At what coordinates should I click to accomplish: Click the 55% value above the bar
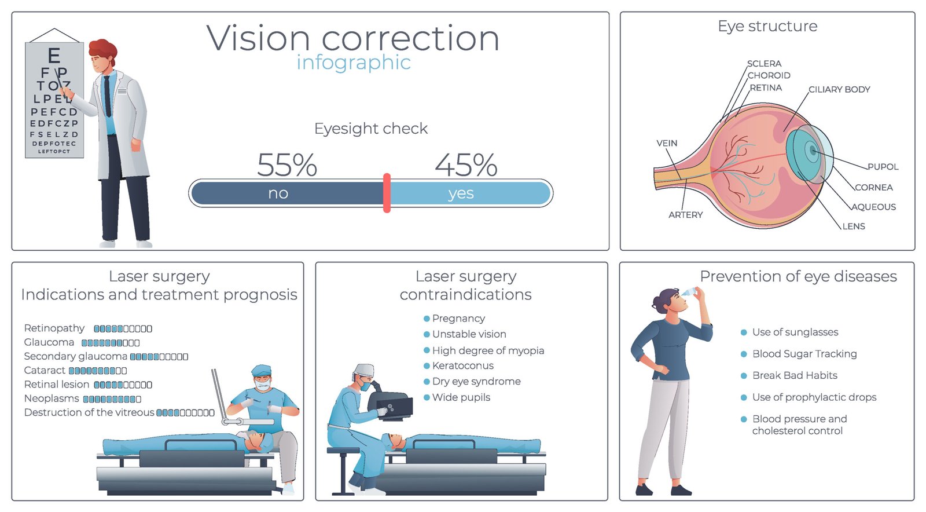[287, 165]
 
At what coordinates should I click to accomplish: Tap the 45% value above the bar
[466, 165]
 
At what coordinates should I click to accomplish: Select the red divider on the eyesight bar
[387, 193]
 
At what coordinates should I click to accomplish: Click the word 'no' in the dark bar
[278, 193]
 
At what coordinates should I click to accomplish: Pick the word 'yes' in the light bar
[461, 193]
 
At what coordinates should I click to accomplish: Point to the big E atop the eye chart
[54, 56]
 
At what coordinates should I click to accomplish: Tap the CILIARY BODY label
[839, 89]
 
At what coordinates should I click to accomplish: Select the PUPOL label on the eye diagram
[883, 167]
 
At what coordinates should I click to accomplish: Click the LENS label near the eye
[854, 226]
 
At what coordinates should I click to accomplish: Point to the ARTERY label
[685, 215]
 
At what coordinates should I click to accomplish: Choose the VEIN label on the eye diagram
[666, 143]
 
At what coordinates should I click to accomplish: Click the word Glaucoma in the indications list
[49, 342]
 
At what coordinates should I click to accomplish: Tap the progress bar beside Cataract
[98, 371]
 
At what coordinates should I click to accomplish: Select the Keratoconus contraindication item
[462, 365]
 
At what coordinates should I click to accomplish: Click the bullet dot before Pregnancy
[427, 319]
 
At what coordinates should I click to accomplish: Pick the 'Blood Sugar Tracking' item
[804, 354]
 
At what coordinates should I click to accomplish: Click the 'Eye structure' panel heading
[767, 26]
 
